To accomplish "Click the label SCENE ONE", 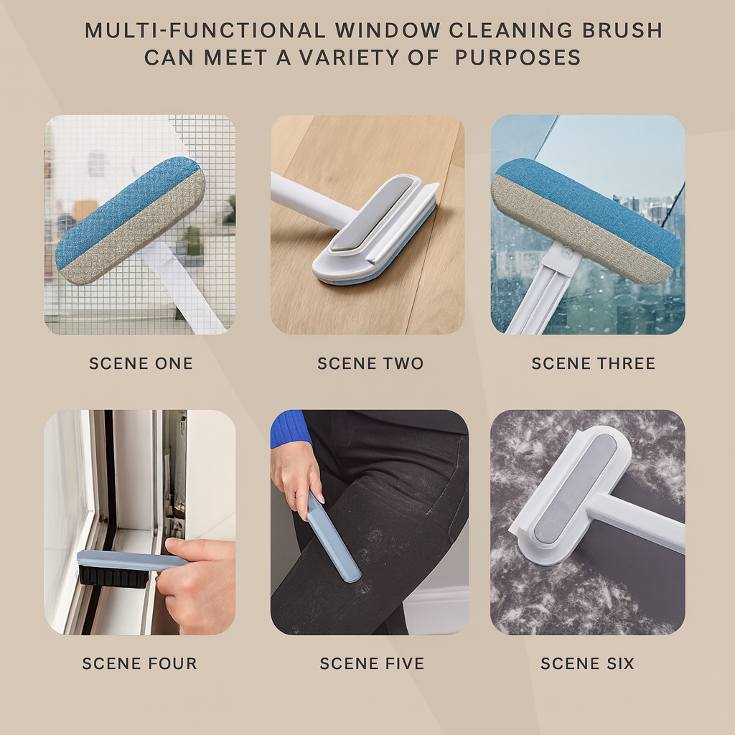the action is tap(141, 363).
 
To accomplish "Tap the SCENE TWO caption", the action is tap(370, 363).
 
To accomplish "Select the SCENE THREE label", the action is tap(593, 363).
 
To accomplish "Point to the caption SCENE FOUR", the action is tap(140, 663).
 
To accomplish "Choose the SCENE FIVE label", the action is tap(372, 663).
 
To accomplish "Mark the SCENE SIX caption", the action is tap(587, 663).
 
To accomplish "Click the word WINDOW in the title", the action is tap(387, 30).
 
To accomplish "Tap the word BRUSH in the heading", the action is tap(622, 30).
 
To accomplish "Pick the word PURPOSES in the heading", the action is tap(518, 57).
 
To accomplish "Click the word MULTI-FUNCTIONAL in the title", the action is tap(205, 30).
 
